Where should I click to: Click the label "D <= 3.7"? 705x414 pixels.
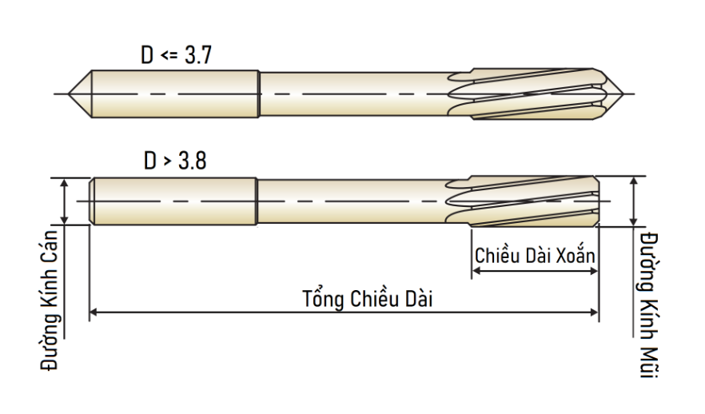176,55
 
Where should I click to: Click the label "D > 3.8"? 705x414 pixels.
175,161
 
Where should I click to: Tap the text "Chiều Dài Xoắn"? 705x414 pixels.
535,255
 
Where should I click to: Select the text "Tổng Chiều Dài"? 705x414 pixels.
368,299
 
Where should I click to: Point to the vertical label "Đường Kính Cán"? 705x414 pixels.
50,301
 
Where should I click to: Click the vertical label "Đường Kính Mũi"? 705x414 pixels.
649,305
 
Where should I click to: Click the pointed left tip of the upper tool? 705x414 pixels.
69,94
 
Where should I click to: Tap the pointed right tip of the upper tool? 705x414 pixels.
623,94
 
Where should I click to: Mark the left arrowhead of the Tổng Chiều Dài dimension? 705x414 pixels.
94,312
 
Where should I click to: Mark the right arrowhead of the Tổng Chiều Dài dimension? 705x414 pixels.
594,312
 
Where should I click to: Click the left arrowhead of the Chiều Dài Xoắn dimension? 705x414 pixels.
476,271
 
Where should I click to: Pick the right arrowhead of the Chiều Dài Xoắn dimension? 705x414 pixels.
593,271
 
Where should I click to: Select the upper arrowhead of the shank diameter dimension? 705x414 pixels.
64,182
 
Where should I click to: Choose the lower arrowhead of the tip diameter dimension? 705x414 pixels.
634,221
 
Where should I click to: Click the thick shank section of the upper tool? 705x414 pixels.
175,94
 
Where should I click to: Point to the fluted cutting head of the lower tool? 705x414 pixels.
523,201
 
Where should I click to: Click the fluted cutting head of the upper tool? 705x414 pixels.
528,94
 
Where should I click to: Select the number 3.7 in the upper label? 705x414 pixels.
198,55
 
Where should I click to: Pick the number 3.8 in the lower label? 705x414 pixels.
193,161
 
